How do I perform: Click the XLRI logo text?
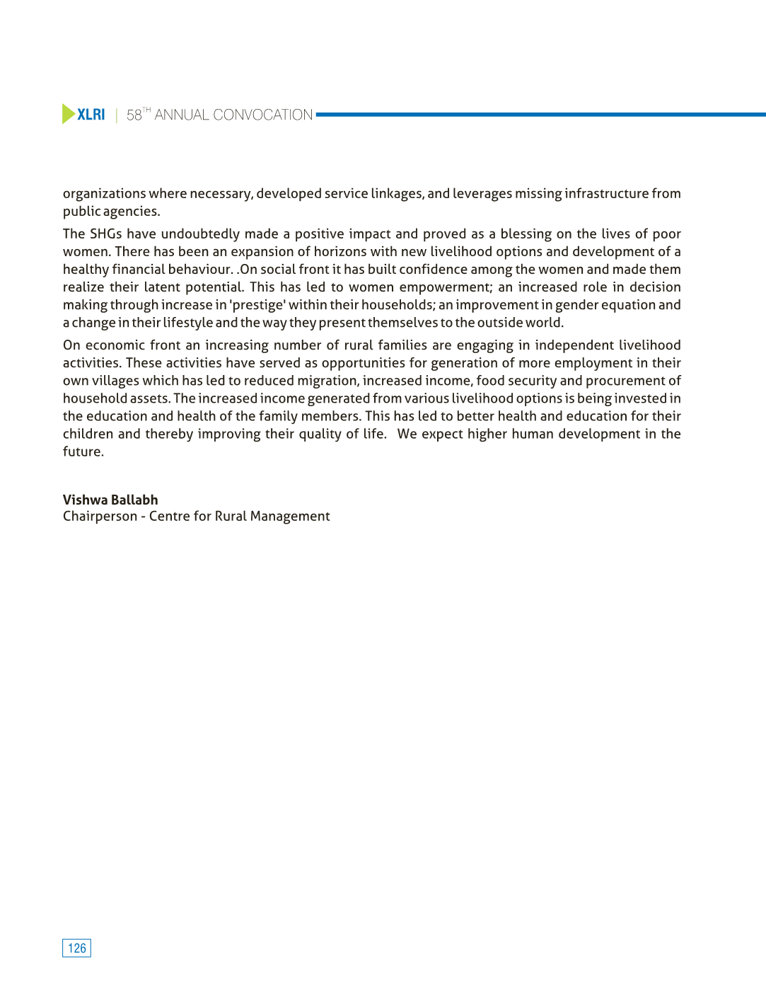click(x=91, y=115)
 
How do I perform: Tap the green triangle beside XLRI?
click(x=68, y=114)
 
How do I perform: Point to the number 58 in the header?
click(x=134, y=115)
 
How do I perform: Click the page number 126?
click(x=76, y=948)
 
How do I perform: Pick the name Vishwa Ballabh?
click(x=110, y=500)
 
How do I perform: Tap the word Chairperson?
click(x=100, y=517)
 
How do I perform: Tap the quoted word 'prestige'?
click(x=257, y=305)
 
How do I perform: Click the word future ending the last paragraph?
click(x=83, y=451)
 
